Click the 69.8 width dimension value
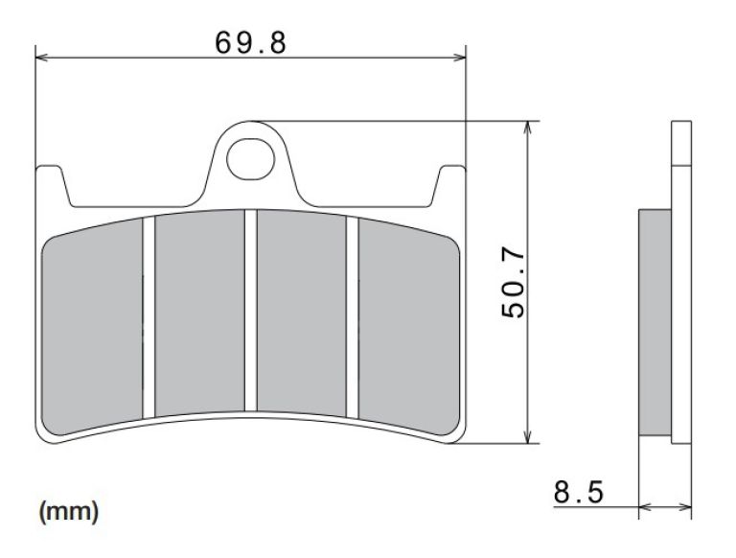pyautogui.click(x=250, y=42)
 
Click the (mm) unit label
pyautogui.click(x=68, y=513)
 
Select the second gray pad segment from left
pyautogui.click(x=199, y=312)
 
